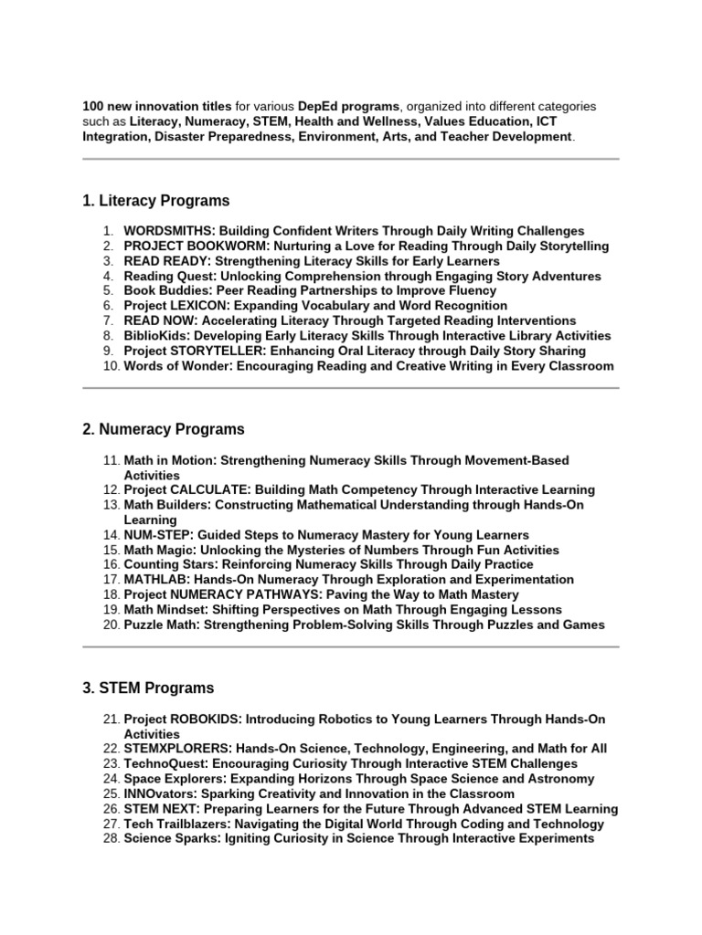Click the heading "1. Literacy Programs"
155,201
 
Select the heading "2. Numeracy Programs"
163,429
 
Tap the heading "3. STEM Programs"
148,688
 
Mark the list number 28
110,838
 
